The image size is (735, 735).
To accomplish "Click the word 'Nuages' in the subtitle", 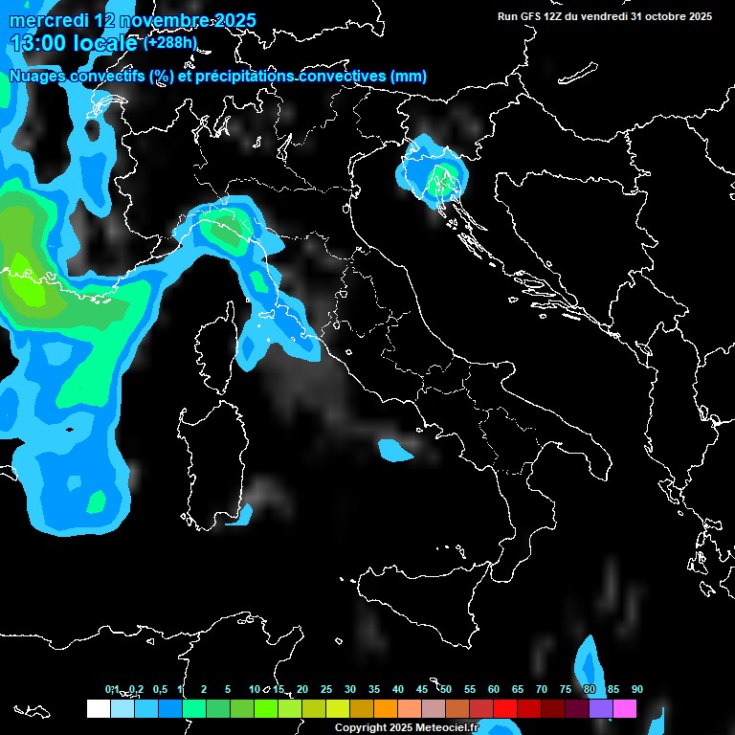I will tap(37, 77).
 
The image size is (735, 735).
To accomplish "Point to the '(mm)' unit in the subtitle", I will tap(409, 77).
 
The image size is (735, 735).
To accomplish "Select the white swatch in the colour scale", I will tap(98, 708).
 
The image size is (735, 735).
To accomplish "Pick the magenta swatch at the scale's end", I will tap(625, 708).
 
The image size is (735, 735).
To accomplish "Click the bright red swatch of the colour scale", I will tap(505, 708).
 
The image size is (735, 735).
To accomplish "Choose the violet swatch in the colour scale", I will tap(601, 708).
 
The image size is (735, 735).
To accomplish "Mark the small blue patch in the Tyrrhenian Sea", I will tap(393, 449).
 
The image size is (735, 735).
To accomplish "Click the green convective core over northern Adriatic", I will tap(441, 176).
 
